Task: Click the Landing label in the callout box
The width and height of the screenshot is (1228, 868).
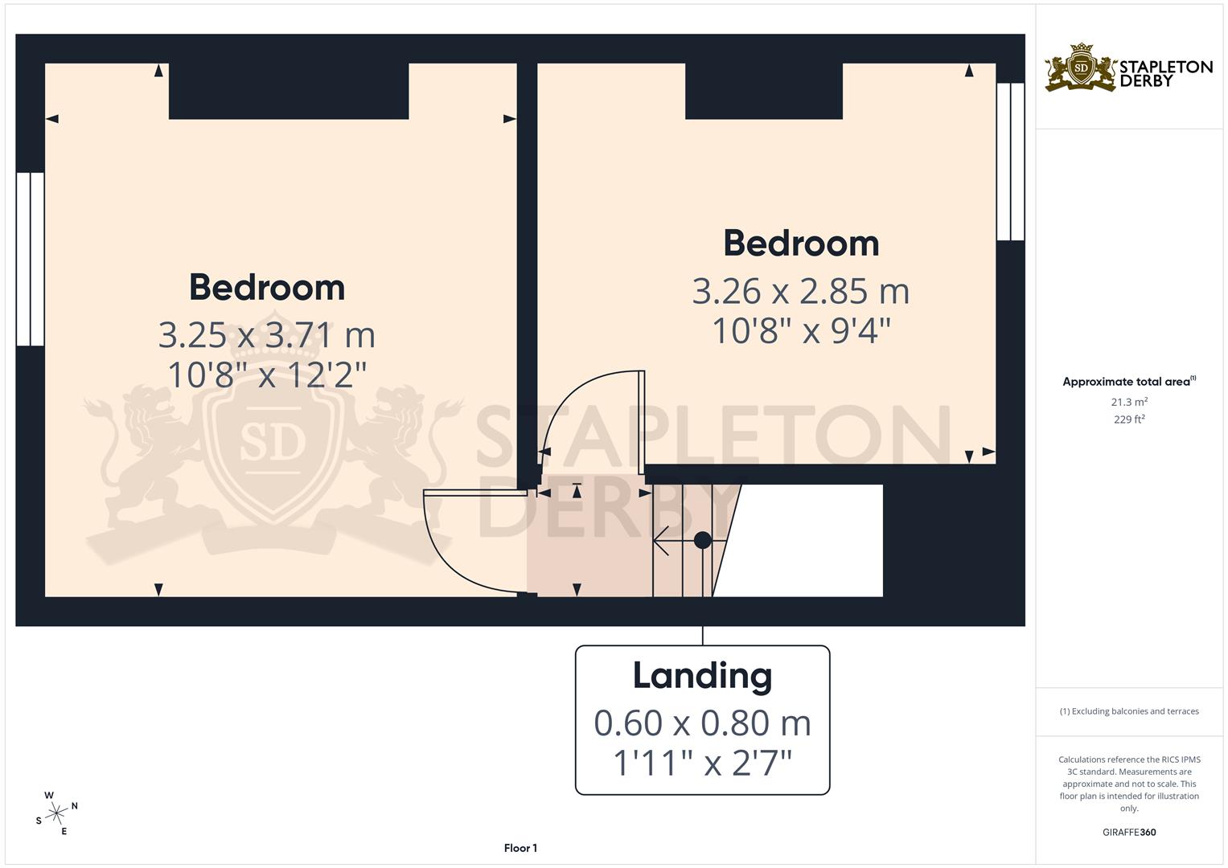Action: [x=702, y=676]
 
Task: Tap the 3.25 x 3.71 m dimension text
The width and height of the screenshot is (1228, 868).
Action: [x=266, y=335]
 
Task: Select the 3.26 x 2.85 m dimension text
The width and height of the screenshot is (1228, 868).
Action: [x=800, y=291]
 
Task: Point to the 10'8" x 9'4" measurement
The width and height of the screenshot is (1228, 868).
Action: [x=801, y=330]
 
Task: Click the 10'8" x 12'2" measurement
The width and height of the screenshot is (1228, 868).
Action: [x=267, y=375]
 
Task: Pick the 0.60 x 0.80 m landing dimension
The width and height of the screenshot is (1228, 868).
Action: [x=702, y=723]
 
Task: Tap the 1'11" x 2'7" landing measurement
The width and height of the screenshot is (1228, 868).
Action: [x=702, y=763]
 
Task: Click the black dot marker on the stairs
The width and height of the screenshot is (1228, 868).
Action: [x=702, y=540]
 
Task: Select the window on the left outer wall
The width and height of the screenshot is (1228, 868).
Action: [x=31, y=259]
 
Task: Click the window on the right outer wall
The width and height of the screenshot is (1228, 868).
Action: [x=1010, y=162]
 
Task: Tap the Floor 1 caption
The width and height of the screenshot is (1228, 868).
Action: [x=520, y=848]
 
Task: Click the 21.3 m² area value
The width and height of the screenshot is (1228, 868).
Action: [x=1129, y=402]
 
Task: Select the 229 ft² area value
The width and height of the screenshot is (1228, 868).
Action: [x=1129, y=420]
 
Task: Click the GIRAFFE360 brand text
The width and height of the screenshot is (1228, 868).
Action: [x=1128, y=832]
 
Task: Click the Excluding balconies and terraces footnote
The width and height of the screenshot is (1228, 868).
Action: [x=1129, y=711]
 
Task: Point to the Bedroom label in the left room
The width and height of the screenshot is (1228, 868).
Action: [x=267, y=288]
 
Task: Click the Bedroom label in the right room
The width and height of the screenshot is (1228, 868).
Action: [x=801, y=244]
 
